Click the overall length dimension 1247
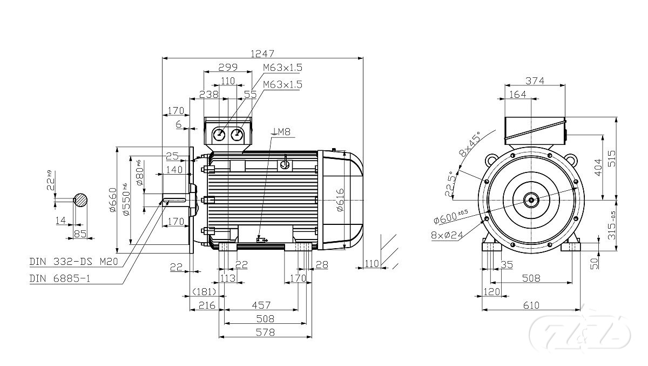(263, 54)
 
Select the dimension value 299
(227, 68)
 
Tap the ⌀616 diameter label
(339, 201)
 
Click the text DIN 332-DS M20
(75, 262)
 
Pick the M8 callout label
(283, 131)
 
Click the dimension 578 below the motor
(265, 331)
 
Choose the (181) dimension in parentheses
(204, 292)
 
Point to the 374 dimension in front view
(535, 81)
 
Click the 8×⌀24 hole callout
(449, 235)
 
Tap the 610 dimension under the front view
(531, 305)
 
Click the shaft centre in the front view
(531, 200)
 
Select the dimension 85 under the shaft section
(80, 234)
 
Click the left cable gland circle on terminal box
(220, 135)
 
